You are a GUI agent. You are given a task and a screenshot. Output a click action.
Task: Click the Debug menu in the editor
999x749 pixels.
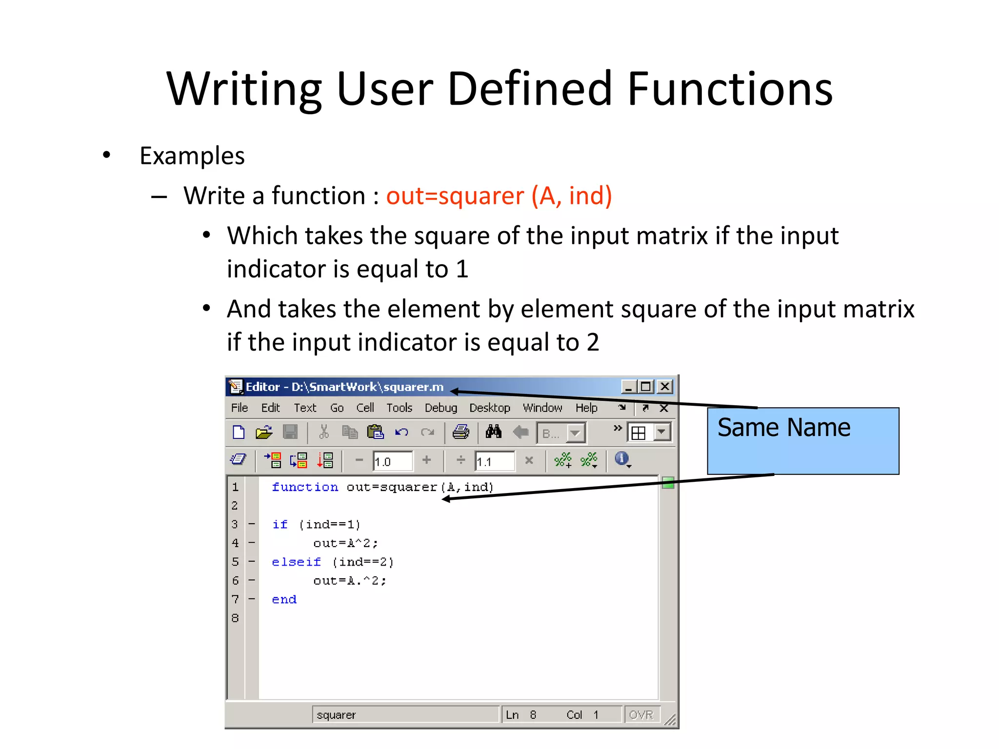tap(440, 408)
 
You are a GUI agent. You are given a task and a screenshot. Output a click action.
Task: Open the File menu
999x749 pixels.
tap(240, 408)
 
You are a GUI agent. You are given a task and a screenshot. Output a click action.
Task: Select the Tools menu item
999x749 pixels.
tap(399, 408)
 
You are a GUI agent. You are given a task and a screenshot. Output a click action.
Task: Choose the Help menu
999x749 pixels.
tap(586, 408)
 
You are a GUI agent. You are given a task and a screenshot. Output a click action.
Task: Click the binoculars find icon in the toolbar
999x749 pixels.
tap(493, 432)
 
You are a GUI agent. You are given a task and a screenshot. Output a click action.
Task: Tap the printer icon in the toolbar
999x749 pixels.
tap(460, 432)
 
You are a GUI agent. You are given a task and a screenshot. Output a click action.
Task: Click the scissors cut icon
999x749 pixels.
tap(323, 432)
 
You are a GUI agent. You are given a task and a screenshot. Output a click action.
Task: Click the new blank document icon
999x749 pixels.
tap(239, 432)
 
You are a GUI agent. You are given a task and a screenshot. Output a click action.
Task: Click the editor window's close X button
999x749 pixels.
tap(665, 387)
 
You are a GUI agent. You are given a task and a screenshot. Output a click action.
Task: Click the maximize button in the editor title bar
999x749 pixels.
tap(646, 387)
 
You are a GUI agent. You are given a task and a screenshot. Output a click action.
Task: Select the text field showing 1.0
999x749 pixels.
tap(392, 461)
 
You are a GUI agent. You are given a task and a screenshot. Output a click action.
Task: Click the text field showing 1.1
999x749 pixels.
tap(494, 461)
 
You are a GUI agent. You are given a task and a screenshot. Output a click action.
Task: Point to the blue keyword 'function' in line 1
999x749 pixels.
tap(305, 487)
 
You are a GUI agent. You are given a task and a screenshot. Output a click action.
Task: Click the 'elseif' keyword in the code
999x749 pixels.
tap(296, 562)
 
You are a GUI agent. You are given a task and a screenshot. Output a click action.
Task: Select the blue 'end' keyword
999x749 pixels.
tap(284, 600)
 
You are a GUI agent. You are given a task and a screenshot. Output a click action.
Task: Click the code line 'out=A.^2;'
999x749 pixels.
tap(349, 581)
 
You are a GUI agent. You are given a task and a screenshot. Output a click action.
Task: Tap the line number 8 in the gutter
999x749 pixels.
tap(235, 618)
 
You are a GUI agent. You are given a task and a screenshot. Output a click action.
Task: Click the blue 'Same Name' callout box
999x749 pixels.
tap(803, 441)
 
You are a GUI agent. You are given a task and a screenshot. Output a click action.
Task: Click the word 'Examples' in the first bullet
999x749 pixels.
tap(192, 156)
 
